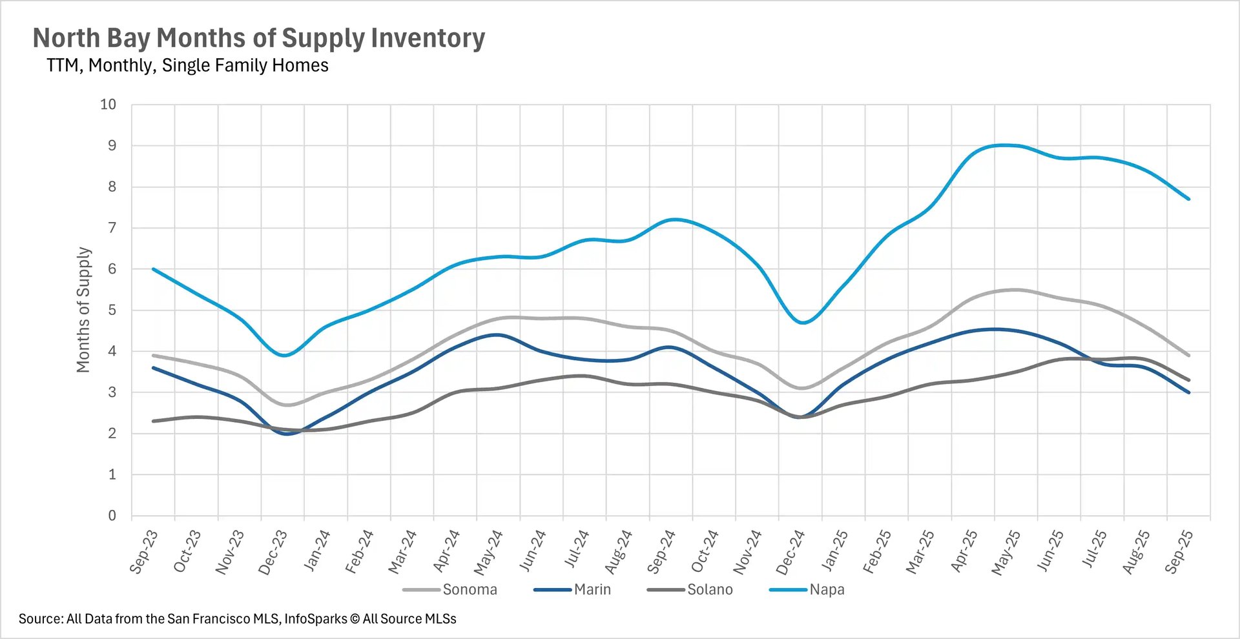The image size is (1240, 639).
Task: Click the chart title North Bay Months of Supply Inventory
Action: point(258,39)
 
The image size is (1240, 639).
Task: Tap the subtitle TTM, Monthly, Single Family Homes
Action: point(187,66)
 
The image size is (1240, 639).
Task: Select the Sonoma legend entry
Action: point(470,589)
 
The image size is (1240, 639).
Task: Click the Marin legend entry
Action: point(592,589)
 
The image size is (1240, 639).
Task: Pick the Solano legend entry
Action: point(709,589)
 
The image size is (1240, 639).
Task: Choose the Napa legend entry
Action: point(827,589)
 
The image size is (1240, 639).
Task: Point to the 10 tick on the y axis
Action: point(108,105)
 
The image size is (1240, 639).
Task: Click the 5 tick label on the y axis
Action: point(112,310)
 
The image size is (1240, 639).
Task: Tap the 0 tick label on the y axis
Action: point(112,516)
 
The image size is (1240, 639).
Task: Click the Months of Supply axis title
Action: point(83,310)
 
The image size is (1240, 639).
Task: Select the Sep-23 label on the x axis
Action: point(143,552)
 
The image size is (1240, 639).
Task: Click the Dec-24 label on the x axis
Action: point(790,553)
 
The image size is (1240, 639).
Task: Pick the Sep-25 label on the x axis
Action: point(1179,552)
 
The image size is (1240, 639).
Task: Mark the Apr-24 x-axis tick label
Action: point(446,551)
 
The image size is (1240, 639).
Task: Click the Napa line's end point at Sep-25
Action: point(1189,199)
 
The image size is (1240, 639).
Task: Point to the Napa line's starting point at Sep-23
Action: point(153,269)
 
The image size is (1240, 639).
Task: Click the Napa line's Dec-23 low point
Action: point(284,356)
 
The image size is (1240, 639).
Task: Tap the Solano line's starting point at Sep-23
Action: point(153,421)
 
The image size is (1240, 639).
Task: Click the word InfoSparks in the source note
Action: point(316,619)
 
